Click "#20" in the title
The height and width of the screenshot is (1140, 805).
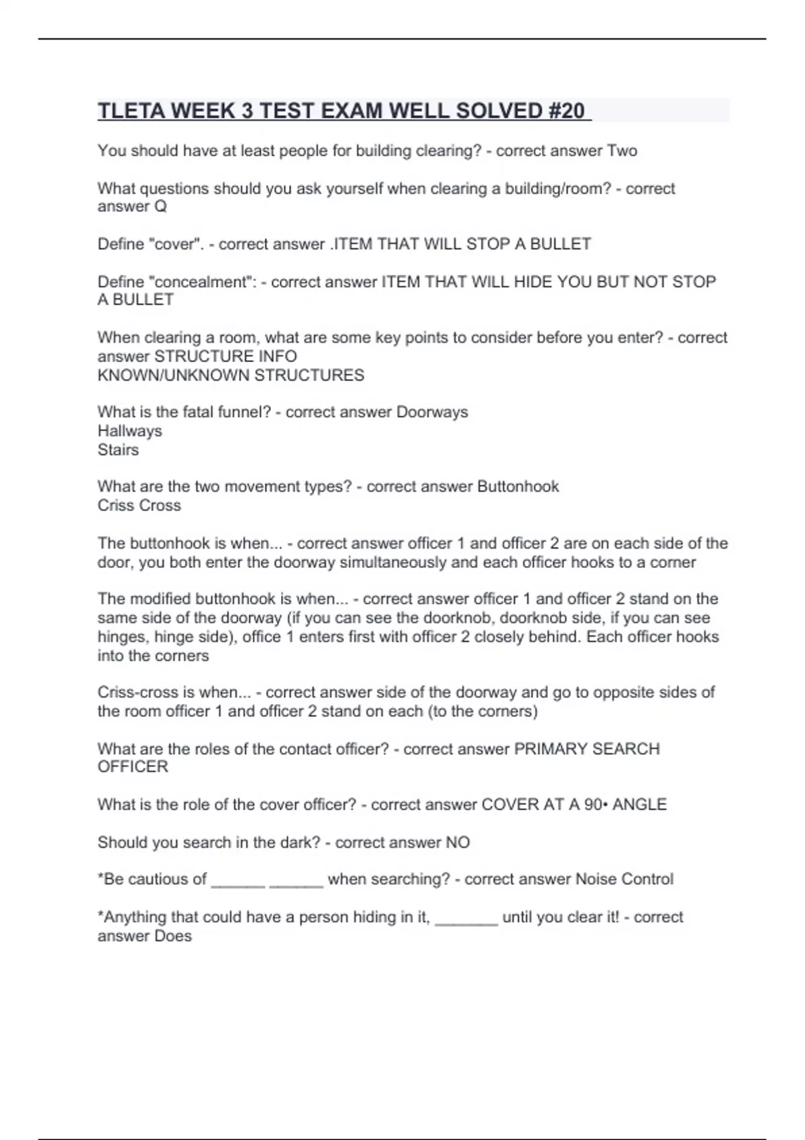[566, 111]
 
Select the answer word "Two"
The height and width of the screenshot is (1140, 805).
[622, 151]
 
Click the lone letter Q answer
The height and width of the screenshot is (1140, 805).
[160, 207]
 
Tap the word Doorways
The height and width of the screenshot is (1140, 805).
[432, 412]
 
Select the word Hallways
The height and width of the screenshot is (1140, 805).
[129, 431]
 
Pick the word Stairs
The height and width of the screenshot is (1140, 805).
[118, 449]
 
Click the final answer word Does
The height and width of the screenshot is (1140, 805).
[173, 936]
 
